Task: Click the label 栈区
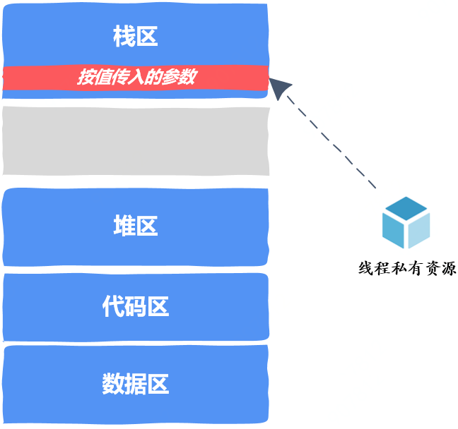pos(136,36)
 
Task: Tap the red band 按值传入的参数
pos(136,78)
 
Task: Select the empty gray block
pos(136,141)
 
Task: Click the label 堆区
pos(136,225)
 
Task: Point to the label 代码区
pos(136,306)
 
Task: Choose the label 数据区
pos(136,384)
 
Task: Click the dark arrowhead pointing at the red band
pos(279,87)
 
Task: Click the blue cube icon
pos(406,222)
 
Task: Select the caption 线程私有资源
pos(407,268)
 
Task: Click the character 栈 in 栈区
pos(124,36)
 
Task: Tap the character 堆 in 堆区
pos(124,225)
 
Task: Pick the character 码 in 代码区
pos(136,306)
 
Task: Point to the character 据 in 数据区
pos(136,384)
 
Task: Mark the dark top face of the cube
pos(406,208)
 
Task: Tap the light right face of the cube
pos(419,231)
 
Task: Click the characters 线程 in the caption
pos(375,268)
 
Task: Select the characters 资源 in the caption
pos(440,268)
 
